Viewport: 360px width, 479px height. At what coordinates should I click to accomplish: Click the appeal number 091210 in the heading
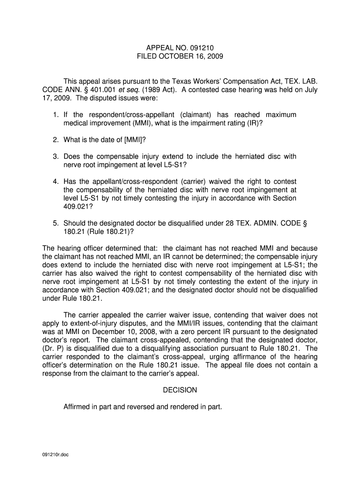click(201, 48)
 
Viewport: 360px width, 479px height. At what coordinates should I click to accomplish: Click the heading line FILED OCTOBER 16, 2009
click(180, 57)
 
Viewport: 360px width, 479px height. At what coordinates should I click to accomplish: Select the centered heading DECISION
click(180, 390)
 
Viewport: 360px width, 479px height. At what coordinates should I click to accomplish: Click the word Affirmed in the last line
click(77, 407)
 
